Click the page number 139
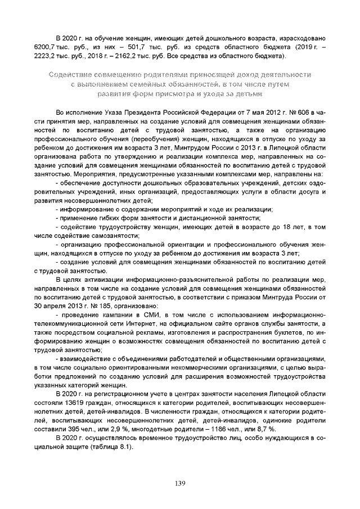coord(180,483)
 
